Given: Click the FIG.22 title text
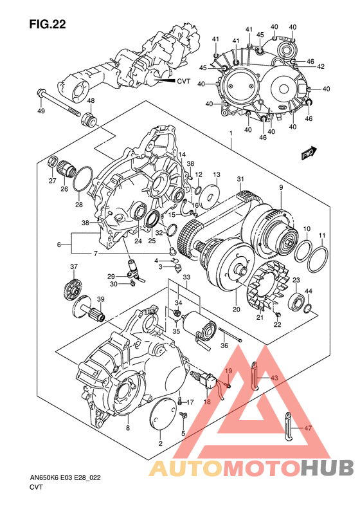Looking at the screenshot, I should pyautogui.click(x=48, y=24).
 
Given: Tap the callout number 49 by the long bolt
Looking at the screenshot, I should pyautogui.click(x=41, y=112).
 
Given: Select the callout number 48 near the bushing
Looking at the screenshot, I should pyautogui.click(x=91, y=101).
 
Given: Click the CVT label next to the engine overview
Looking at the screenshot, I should pyautogui.click(x=183, y=82).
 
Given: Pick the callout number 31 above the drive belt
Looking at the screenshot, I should pyautogui.click(x=240, y=179).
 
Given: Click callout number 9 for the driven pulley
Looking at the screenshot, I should pyautogui.click(x=281, y=187).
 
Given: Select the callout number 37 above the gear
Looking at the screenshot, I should pyautogui.click(x=74, y=267).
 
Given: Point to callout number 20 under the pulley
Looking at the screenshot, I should pyautogui.click(x=236, y=310).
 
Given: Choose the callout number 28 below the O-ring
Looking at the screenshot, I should pyautogui.click(x=78, y=205).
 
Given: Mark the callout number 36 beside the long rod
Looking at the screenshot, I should pyautogui.click(x=224, y=346).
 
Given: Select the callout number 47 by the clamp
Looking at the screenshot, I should pyautogui.click(x=308, y=427).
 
